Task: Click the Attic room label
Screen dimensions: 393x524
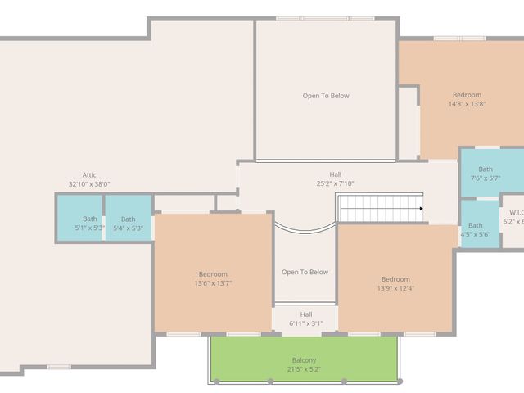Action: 89,174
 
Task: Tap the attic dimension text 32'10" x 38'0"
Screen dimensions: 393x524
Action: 89,184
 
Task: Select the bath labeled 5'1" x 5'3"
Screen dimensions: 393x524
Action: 89,224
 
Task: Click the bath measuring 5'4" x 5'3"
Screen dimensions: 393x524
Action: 129,224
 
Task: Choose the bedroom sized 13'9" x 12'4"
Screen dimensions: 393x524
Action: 395,283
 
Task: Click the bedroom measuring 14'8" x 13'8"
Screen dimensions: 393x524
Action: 467,99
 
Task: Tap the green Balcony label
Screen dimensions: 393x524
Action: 305,360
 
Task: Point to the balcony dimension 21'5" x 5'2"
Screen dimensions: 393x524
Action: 305,370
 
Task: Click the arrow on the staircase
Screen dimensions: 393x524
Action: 421,209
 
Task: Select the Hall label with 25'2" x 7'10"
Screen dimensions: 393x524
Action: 336,178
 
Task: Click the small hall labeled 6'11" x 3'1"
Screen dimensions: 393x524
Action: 305,318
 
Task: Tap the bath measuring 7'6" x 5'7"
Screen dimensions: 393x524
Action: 486,174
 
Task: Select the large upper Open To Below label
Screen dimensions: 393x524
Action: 326,96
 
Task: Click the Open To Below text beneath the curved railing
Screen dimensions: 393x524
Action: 305,272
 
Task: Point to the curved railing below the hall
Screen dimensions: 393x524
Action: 305,228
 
